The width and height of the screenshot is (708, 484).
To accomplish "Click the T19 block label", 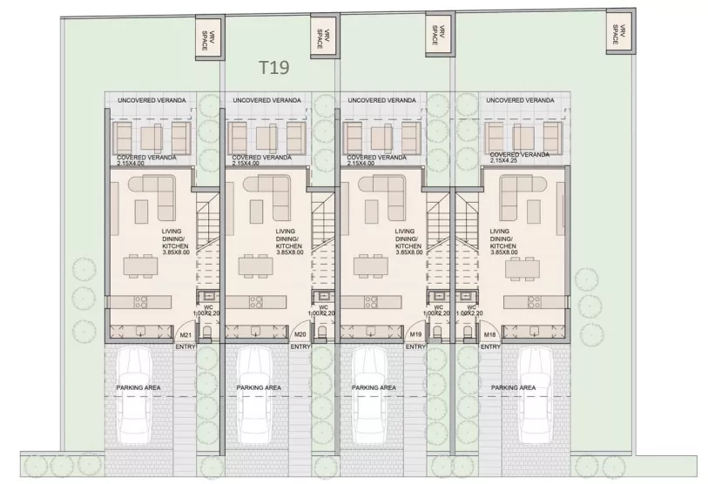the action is (x=273, y=67).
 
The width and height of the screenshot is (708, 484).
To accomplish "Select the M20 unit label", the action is (x=300, y=334).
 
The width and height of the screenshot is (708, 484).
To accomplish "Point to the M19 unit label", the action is (x=416, y=334).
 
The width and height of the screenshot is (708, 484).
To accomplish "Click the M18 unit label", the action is (x=490, y=334).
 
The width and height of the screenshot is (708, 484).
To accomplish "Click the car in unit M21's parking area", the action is (x=134, y=395).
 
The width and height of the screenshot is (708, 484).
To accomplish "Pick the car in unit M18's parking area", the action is (x=536, y=395).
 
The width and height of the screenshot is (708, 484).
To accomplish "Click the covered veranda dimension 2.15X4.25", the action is (x=502, y=160).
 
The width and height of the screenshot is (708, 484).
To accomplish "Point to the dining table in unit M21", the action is (x=141, y=266).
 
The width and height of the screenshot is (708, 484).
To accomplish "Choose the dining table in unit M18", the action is (x=523, y=269).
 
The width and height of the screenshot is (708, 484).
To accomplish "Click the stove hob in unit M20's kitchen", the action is (x=256, y=301).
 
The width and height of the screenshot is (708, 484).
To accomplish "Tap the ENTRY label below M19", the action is (x=415, y=346).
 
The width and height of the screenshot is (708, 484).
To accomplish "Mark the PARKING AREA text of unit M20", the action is (x=259, y=387).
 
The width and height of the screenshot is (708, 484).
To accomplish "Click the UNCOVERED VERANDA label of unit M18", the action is (x=520, y=100).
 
